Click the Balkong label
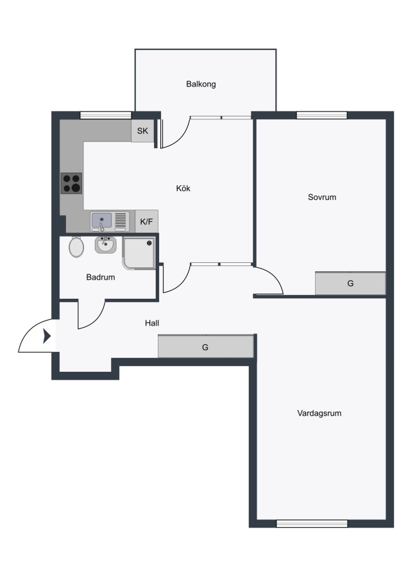[201, 84]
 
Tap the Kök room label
[183, 188]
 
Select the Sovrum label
[322, 197]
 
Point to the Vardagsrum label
[319, 414]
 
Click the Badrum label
[101, 277]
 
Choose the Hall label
[151, 323]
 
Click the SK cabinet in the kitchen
[142, 131]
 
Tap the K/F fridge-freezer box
[146, 222]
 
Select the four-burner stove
[71, 183]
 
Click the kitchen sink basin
[101, 220]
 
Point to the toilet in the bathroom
[76, 247]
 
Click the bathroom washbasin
[106, 245]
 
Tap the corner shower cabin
[139, 253]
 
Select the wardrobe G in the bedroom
[350, 283]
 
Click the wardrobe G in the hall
[206, 346]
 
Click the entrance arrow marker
[47, 336]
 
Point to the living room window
[312, 524]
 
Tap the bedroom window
[322, 115]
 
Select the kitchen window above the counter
[106, 115]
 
